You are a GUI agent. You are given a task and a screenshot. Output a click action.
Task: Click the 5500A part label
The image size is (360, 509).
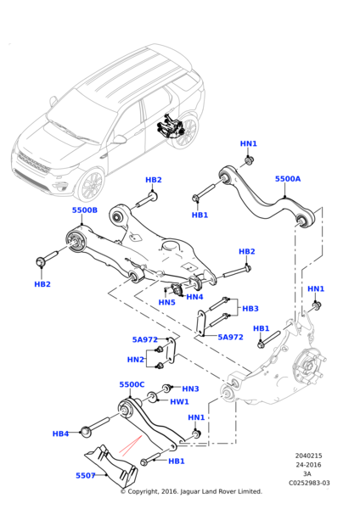[x=288, y=179]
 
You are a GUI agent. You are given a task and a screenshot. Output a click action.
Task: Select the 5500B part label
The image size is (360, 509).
[x=84, y=210]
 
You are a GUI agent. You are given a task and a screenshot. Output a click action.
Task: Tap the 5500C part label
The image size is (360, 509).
[x=132, y=384]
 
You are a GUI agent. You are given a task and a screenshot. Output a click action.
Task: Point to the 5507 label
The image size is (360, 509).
[x=86, y=476]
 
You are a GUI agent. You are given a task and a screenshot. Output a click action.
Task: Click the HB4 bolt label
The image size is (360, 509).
[x=60, y=433]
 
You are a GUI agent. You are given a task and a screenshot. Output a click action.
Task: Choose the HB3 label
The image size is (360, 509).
[x=250, y=309]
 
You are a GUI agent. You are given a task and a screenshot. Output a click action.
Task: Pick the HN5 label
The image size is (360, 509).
[x=166, y=303]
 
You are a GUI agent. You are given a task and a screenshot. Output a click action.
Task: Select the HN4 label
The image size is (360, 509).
[x=194, y=297]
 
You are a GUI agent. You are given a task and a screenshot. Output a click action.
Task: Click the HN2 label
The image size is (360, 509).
[x=136, y=360]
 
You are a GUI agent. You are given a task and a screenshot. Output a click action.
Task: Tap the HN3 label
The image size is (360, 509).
[x=190, y=389]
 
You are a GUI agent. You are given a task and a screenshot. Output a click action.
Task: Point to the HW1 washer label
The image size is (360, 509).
[x=179, y=402]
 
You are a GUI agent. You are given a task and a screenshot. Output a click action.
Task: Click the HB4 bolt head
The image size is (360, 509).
[x=85, y=432]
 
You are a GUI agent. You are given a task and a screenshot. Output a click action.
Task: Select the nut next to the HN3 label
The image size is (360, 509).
[x=167, y=388]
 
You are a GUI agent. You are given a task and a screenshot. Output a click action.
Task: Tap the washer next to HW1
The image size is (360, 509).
[x=152, y=397]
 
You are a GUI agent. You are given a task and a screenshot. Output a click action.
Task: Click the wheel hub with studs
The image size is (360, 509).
[x=309, y=366]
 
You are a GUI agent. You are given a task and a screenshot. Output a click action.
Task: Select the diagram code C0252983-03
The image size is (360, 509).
[x=309, y=483]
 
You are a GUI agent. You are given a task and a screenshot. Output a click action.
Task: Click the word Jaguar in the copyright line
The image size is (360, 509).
[x=190, y=491]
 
